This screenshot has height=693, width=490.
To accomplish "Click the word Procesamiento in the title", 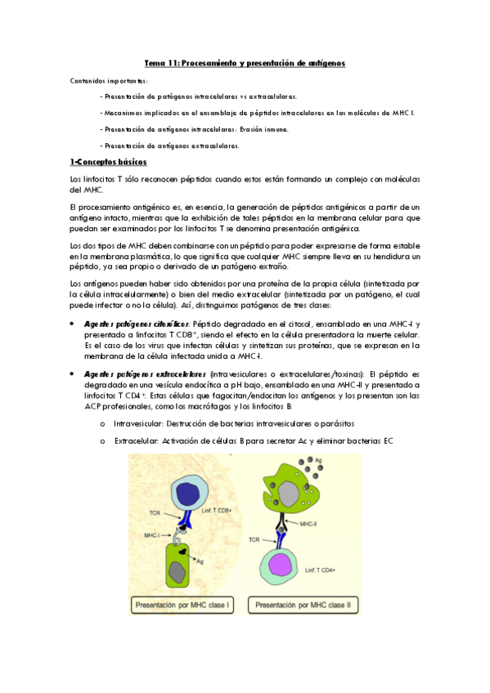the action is click(214, 62).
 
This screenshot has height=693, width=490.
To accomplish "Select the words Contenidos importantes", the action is click(109, 80).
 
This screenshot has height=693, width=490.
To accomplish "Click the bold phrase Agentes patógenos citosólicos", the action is click(137, 324).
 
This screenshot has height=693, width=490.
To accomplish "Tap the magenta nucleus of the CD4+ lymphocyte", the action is click(285, 566).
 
